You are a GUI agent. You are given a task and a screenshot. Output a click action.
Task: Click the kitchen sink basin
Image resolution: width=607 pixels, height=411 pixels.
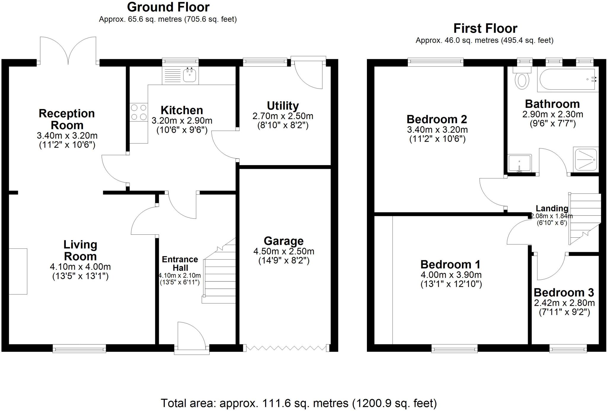189,75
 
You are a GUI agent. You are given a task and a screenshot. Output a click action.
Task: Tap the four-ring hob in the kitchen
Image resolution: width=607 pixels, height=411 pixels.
139,112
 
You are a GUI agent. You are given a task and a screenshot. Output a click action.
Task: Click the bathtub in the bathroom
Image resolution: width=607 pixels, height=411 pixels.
567,79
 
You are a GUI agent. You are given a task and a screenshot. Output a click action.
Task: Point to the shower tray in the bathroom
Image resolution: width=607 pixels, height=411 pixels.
586,160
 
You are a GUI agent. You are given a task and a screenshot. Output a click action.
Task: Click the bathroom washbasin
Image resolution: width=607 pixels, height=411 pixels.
519,163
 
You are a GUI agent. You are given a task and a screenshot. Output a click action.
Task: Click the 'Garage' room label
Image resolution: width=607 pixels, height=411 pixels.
284,241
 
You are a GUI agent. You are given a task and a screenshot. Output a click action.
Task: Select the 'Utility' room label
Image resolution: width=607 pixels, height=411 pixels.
283,106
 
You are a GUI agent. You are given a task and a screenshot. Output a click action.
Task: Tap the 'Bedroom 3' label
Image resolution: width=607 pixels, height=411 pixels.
564,292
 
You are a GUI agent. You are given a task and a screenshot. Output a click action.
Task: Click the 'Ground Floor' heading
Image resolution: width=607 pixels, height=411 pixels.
168,7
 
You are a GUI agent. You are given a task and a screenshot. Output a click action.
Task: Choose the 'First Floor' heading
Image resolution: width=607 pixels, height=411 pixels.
485,28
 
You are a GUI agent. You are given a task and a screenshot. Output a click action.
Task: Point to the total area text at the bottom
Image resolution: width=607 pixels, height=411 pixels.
299,403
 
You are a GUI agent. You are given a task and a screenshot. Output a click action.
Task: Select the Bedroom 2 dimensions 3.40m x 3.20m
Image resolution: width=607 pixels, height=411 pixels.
437,129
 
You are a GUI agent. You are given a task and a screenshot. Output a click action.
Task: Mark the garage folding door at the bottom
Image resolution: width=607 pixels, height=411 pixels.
286,348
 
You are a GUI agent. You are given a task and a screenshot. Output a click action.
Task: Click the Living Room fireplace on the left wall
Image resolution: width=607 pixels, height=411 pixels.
18,271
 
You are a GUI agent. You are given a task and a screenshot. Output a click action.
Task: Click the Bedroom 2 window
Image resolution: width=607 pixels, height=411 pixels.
435,61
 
